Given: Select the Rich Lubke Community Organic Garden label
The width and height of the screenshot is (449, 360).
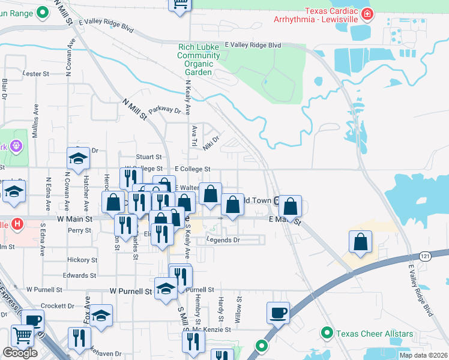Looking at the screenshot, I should (x=198, y=59).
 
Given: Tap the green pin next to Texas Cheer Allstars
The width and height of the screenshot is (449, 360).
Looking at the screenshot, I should (x=327, y=332).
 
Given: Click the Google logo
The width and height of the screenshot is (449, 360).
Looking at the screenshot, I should (x=20, y=353).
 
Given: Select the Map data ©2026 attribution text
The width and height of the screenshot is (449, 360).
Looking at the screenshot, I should (x=424, y=355).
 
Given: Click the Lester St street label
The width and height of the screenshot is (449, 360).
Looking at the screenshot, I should (x=35, y=74).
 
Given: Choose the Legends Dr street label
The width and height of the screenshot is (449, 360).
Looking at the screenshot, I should (x=223, y=240).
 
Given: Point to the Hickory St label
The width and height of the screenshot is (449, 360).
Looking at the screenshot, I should (x=82, y=260).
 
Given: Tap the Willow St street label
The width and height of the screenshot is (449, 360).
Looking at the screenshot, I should (x=239, y=310).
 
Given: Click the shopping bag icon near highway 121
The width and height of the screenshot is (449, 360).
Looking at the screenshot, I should (x=360, y=242).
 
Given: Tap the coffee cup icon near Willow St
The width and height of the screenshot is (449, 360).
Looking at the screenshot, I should (x=279, y=313).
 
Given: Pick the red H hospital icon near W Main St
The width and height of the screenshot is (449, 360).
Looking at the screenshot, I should (x=17, y=224).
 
